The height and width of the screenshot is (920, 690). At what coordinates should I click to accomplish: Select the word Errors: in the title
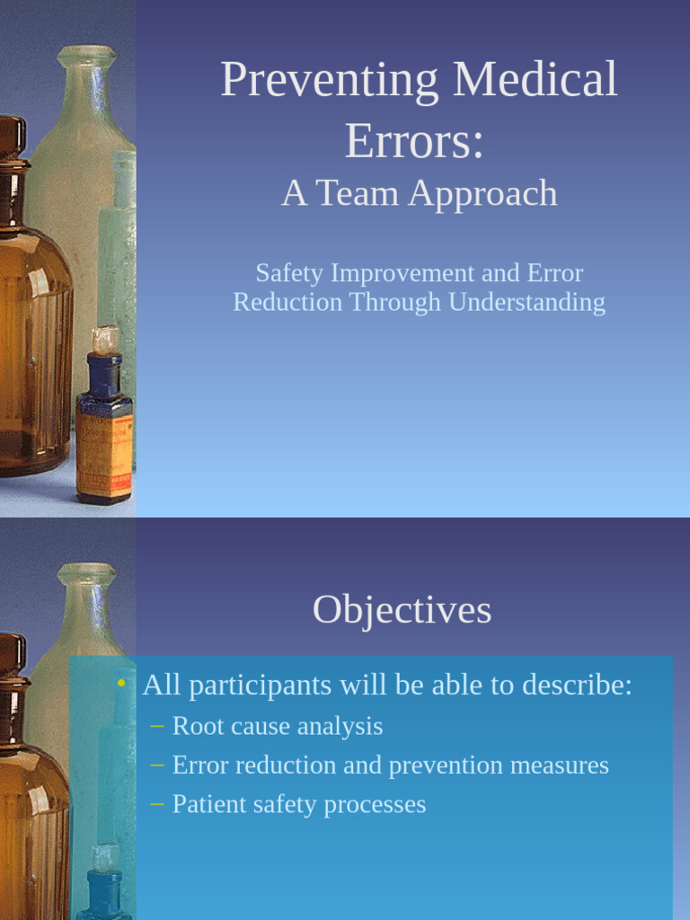pos(414,141)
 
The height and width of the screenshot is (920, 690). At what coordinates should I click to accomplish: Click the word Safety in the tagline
pos(287,273)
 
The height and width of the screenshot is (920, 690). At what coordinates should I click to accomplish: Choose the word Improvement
pos(399,273)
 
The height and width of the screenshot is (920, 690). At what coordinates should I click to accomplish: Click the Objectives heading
pos(402,611)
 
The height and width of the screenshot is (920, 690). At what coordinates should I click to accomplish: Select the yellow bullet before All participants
pos(121,684)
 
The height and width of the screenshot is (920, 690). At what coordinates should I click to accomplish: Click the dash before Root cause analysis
pos(157,726)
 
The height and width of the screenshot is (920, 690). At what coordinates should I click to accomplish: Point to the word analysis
pos(342,727)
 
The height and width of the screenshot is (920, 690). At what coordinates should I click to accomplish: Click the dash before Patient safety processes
pos(157,804)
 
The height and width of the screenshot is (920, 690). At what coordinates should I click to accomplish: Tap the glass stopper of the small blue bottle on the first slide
pos(105,341)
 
